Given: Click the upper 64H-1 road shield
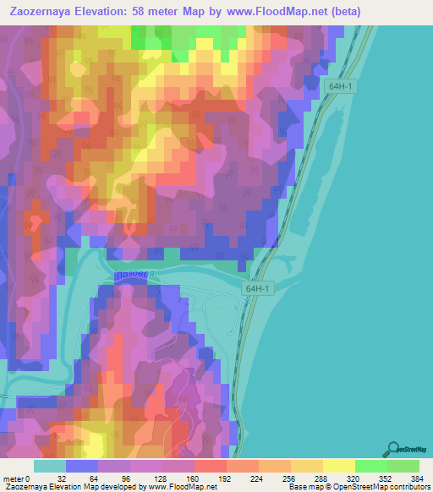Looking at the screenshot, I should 335,85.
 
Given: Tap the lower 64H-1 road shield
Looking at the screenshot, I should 258,288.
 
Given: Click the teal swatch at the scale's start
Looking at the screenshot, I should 50,466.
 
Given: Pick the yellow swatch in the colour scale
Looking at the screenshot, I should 339,466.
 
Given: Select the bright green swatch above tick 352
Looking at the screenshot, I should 371,466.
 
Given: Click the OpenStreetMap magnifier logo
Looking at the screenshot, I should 393,449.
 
